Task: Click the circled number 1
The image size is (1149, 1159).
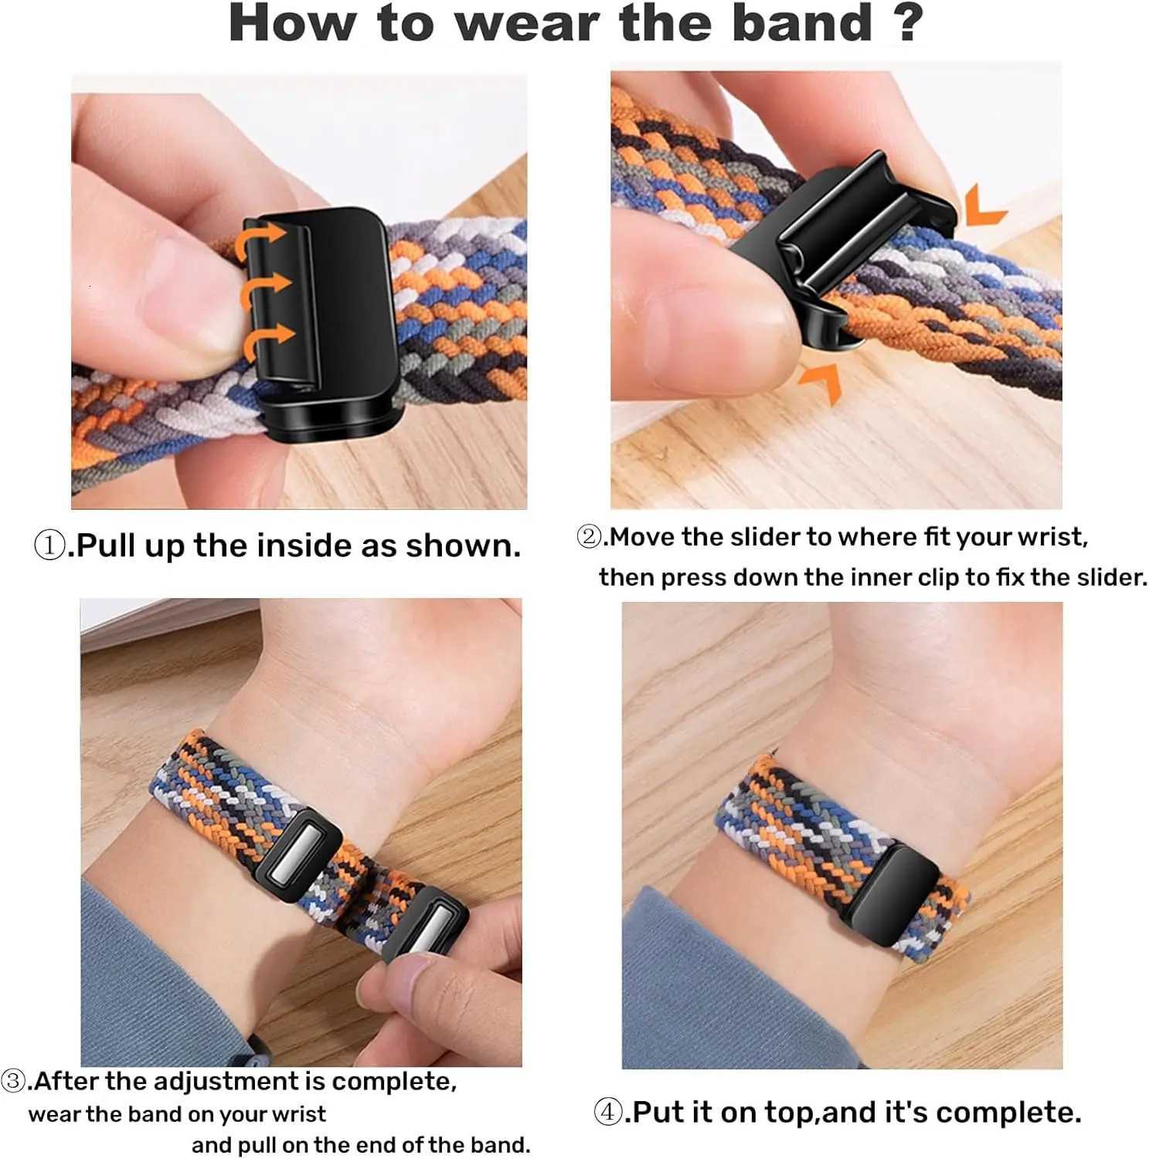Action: [50, 546]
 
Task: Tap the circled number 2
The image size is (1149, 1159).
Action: [590, 536]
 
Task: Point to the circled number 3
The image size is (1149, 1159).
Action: [14, 1080]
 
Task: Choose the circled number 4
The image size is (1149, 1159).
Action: [608, 1113]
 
